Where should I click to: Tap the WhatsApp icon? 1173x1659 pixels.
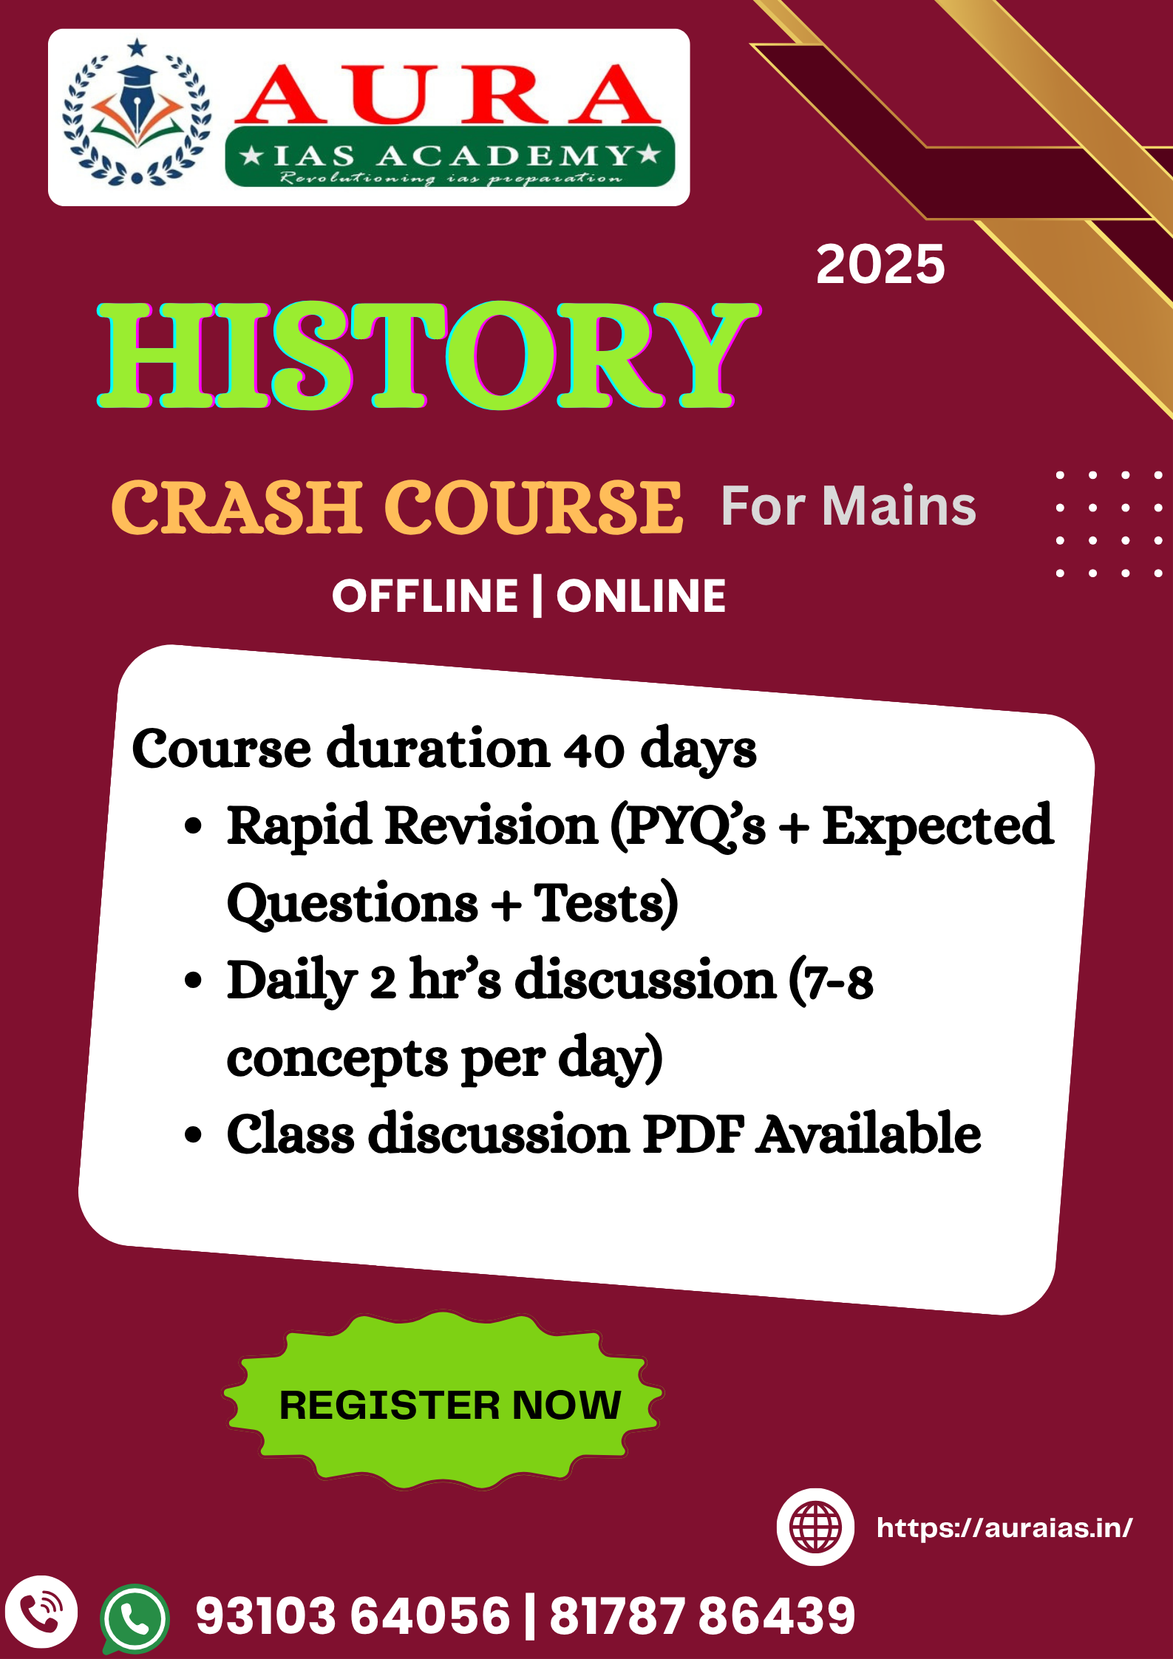tap(135, 1618)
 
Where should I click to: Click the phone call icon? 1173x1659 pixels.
tap(41, 1612)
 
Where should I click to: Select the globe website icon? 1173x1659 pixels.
tap(815, 1527)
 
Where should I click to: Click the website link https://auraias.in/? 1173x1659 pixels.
tap(1004, 1527)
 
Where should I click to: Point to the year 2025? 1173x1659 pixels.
tap(880, 265)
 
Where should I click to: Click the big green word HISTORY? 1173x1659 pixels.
tap(429, 355)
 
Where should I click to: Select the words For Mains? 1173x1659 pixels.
tap(849, 506)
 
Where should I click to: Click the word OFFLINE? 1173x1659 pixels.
tap(425, 596)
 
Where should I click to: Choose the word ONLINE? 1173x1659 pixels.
tap(641, 596)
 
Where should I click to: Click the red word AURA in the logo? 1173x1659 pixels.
tap(448, 94)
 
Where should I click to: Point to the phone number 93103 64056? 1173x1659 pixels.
tap(353, 1615)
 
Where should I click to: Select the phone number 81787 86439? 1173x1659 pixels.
tap(702, 1615)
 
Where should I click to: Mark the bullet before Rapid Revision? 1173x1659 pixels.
tap(193, 826)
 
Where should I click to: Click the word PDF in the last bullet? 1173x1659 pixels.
tap(693, 1134)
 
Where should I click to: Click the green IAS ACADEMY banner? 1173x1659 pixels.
tap(450, 156)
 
